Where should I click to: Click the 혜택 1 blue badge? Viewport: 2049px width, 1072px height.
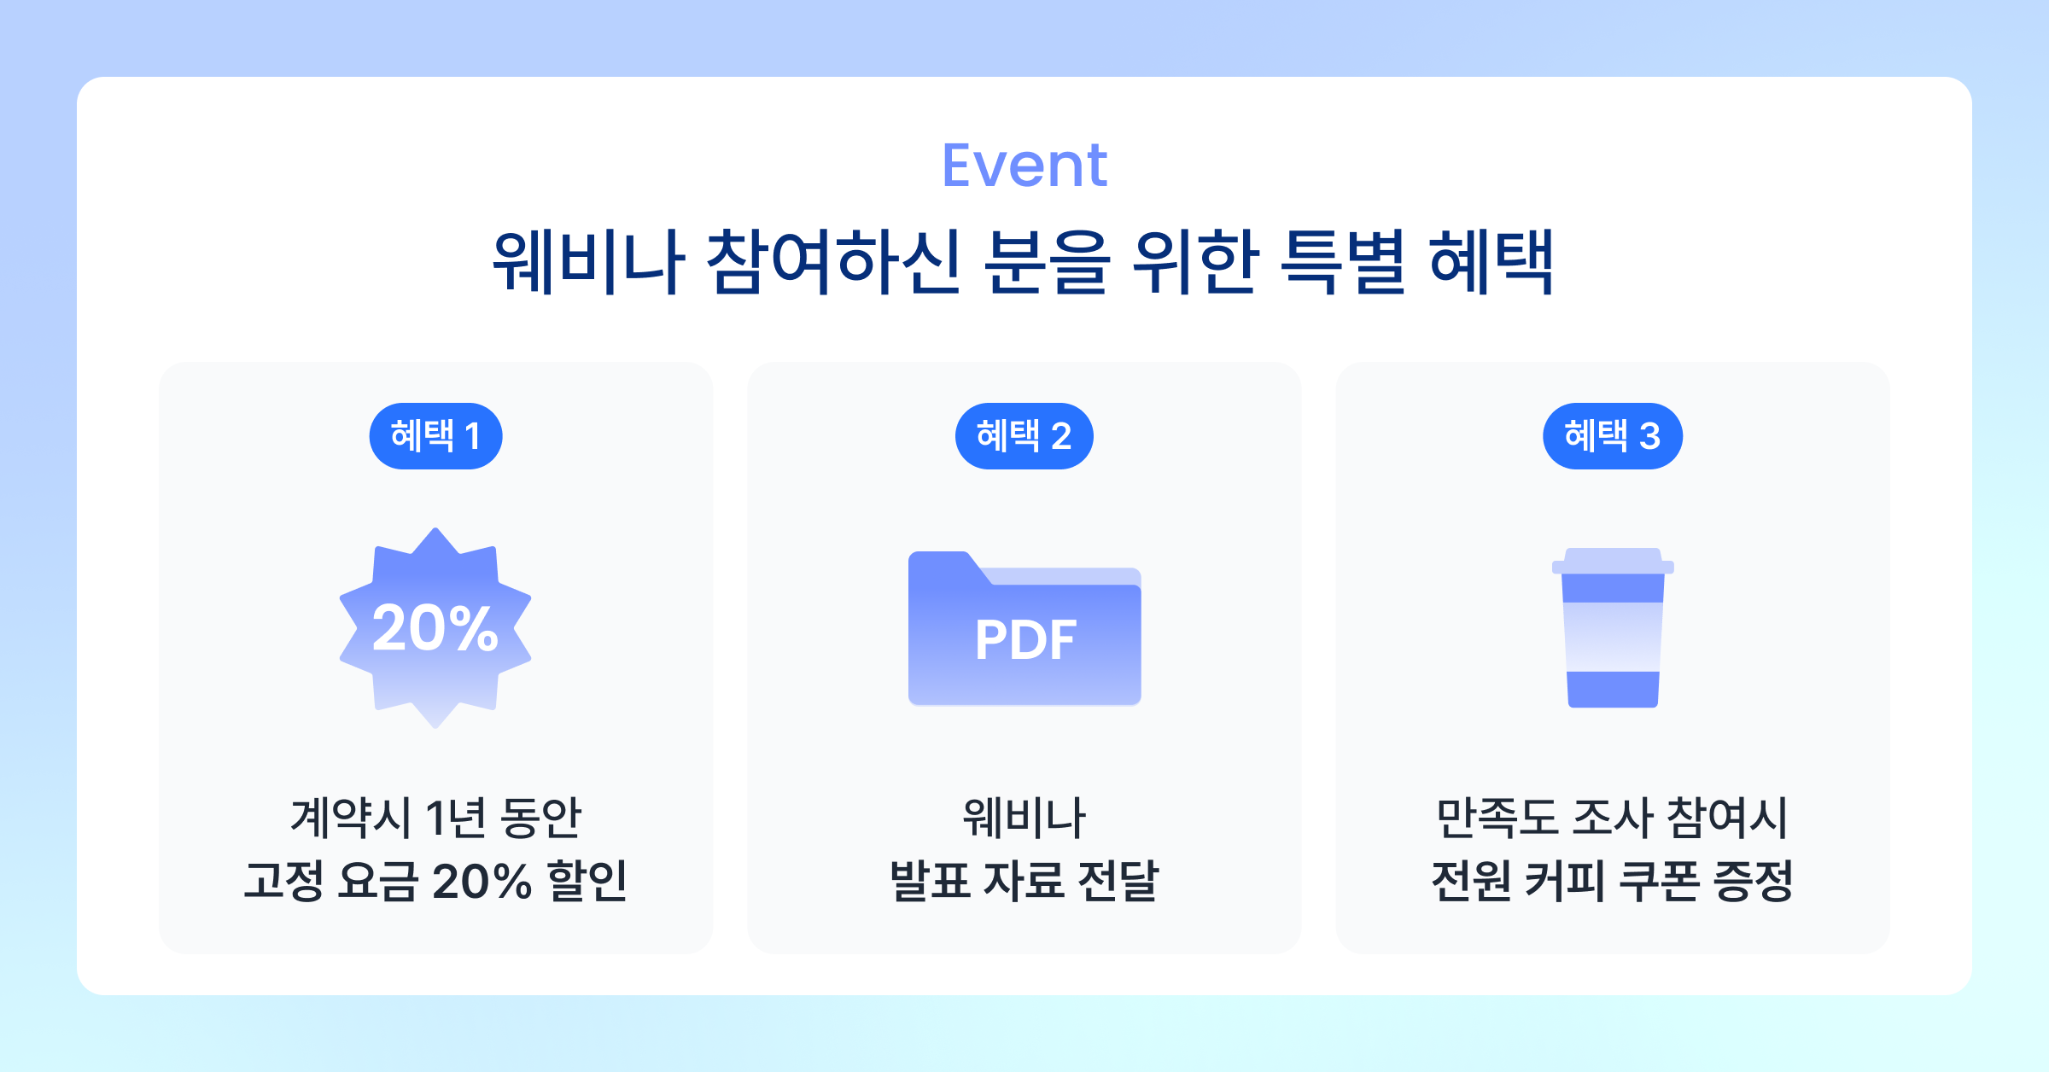(435, 436)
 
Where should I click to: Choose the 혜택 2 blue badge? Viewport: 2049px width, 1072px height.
(1024, 436)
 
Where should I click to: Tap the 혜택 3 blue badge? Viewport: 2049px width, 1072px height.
(1612, 436)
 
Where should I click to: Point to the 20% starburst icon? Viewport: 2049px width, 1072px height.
(435, 628)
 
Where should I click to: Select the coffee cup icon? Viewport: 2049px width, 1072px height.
(1613, 628)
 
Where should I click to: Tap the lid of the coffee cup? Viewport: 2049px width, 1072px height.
(1613, 561)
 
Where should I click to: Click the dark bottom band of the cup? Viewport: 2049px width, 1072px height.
(1613, 690)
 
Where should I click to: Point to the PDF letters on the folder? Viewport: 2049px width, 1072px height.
(1025, 640)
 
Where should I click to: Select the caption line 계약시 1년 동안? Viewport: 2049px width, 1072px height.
(435, 817)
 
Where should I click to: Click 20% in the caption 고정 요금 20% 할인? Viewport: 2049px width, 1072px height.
(482, 882)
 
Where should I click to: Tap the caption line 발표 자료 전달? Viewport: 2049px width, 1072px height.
(1024, 882)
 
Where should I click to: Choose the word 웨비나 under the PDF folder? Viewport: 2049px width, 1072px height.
(1024, 817)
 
